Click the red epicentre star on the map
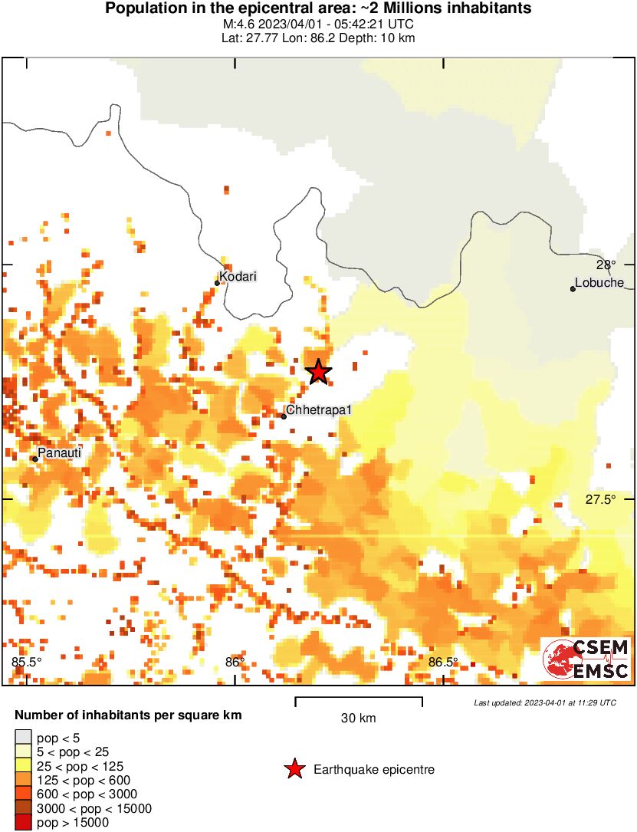(319, 372)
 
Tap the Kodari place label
(238, 277)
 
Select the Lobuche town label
(599, 283)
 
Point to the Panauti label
(59, 453)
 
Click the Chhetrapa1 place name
(318, 410)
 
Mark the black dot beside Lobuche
(573, 289)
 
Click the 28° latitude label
(606, 265)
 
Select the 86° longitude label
(235, 662)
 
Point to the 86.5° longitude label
(443, 662)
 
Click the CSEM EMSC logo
(586, 659)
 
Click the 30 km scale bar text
(358, 719)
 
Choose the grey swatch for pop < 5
(23, 738)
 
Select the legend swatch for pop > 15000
(23, 822)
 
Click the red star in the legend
(294, 769)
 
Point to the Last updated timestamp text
(544, 702)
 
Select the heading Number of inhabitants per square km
(128, 715)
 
